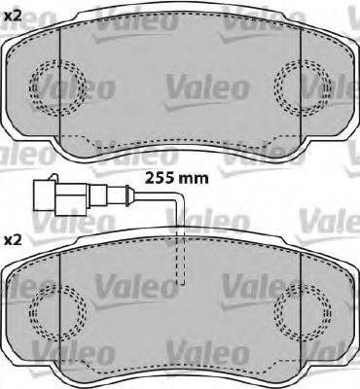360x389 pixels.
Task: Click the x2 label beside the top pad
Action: click(x=13, y=17)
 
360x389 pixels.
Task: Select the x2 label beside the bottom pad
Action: click(x=13, y=240)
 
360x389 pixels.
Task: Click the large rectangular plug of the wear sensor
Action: click(x=60, y=197)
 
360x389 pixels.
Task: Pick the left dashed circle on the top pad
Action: click(x=57, y=88)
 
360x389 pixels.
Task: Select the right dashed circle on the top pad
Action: click(x=303, y=88)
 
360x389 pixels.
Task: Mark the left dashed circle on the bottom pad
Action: click(x=57, y=312)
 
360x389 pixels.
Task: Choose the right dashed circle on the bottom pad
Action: click(x=303, y=312)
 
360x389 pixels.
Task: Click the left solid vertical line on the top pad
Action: click(x=60, y=86)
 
